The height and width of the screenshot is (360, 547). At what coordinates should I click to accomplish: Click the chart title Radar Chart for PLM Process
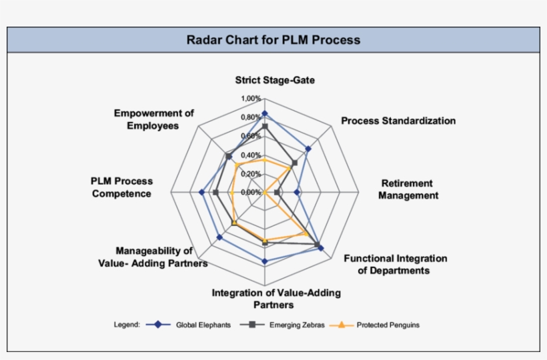(x=273, y=40)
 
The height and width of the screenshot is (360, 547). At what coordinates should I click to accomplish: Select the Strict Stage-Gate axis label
(x=275, y=80)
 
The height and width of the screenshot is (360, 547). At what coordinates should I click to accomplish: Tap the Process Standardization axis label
(x=398, y=121)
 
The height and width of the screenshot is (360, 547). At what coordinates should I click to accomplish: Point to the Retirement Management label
(x=408, y=189)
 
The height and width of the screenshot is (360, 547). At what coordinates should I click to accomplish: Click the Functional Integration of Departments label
(x=395, y=264)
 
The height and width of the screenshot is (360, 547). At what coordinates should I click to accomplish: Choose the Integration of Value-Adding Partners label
(x=276, y=299)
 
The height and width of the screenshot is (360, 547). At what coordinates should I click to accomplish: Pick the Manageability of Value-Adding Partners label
(x=160, y=257)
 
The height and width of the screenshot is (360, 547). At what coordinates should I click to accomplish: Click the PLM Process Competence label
(x=121, y=187)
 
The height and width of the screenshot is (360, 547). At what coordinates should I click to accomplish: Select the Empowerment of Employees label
(x=153, y=119)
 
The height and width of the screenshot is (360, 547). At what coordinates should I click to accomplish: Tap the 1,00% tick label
(x=251, y=99)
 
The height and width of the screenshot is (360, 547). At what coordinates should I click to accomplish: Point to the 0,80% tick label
(x=251, y=118)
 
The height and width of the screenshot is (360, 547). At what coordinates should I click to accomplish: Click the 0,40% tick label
(x=251, y=155)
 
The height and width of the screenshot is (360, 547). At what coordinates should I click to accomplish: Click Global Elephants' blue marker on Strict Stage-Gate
(x=265, y=114)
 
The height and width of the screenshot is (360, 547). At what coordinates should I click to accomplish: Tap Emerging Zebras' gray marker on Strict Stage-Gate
(x=265, y=127)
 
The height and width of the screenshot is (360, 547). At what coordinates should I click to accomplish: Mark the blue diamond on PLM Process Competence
(x=202, y=192)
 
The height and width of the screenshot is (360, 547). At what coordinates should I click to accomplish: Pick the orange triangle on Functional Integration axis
(x=306, y=234)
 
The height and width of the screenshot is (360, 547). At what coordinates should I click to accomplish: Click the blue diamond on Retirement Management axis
(x=297, y=192)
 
